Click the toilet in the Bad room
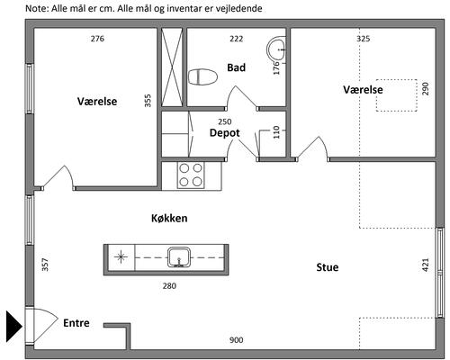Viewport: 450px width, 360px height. click(x=202, y=77)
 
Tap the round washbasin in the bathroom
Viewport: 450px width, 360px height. click(x=276, y=49)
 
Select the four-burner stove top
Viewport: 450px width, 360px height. click(x=191, y=175)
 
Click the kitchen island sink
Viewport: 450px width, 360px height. click(x=179, y=257)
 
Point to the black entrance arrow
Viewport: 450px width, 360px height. click(x=14, y=326)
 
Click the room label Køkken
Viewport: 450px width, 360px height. click(x=169, y=218)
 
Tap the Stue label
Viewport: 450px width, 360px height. click(x=328, y=267)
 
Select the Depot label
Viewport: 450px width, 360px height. click(x=224, y=133)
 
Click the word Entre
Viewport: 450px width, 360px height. click(x=76, y=323)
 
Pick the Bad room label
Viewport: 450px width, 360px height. click(x=236, y=67)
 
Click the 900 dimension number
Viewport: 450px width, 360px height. click(x=236, y=340)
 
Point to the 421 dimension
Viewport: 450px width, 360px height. click(x=426, y=265)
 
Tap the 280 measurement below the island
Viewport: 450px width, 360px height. click(x=169, y=286)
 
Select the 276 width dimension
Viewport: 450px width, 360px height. click(x=97, y=39)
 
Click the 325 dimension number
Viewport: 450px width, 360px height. click(x=363, y=39)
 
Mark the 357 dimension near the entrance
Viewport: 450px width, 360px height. click(x=45, y=265)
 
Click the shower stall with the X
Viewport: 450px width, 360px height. click(x=172, y=67)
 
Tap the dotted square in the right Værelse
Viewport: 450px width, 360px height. click(x=397, y=95)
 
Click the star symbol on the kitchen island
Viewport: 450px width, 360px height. click(x=121, y=257)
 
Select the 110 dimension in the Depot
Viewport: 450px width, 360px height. click(x=276, y=132)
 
